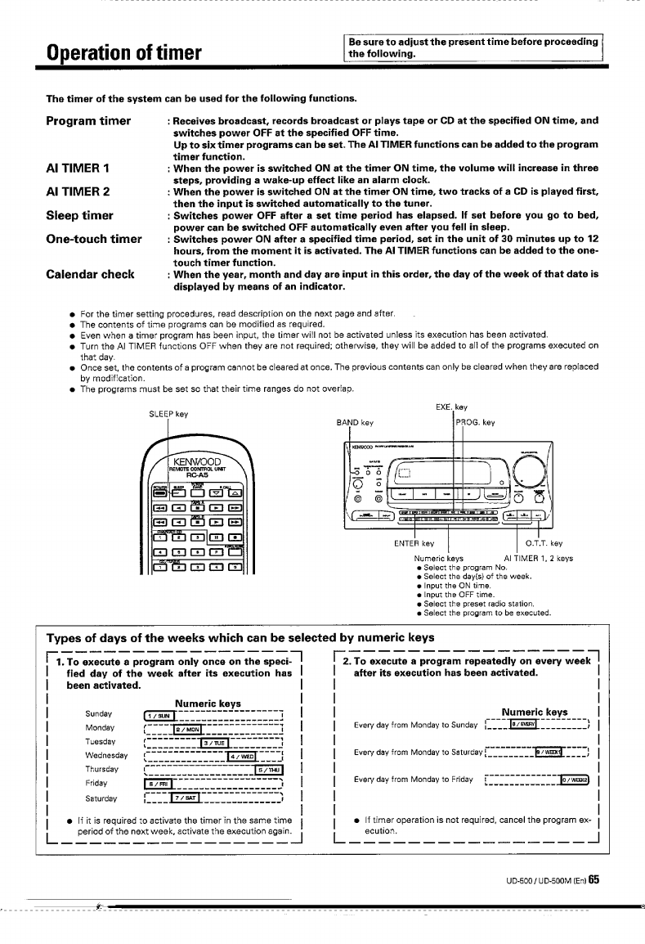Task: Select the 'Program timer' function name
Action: click(x=89, y=121)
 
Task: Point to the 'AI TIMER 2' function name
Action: click(x=79, y=191)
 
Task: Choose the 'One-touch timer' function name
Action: click(x=94, y=240)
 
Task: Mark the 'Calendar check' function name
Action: click(x=90, y=274)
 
